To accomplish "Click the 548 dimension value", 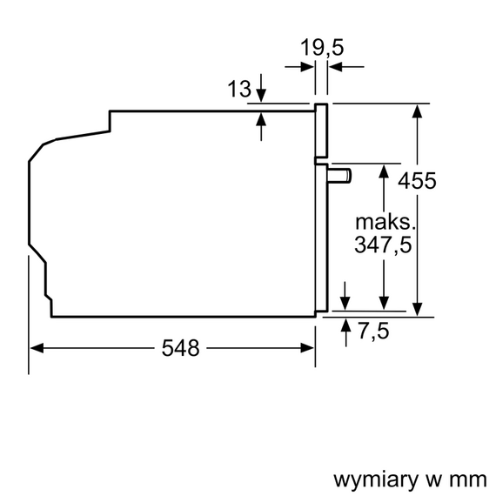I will coord(180,349).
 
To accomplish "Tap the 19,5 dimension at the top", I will coord(320,47).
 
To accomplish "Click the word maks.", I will coord(382,221).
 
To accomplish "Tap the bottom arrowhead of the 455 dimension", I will coord(419,309).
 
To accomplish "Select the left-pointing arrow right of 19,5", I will coord(336,65).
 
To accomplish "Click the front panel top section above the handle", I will coord(321,131).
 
